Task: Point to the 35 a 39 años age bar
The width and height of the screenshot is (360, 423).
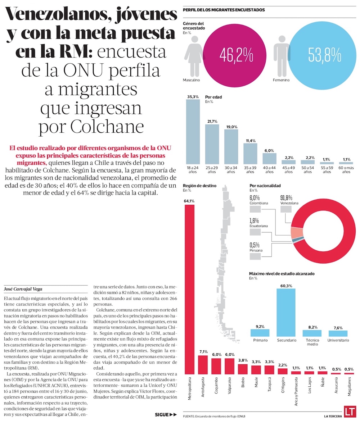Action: coord(250,154)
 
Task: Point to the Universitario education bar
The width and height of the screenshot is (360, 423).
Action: coord(338,333)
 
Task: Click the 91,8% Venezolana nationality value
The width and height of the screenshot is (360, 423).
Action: coord(287,197)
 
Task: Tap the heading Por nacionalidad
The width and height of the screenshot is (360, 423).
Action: coord(265,186)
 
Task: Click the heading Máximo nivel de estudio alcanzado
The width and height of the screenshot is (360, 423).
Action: coord(282,274)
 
